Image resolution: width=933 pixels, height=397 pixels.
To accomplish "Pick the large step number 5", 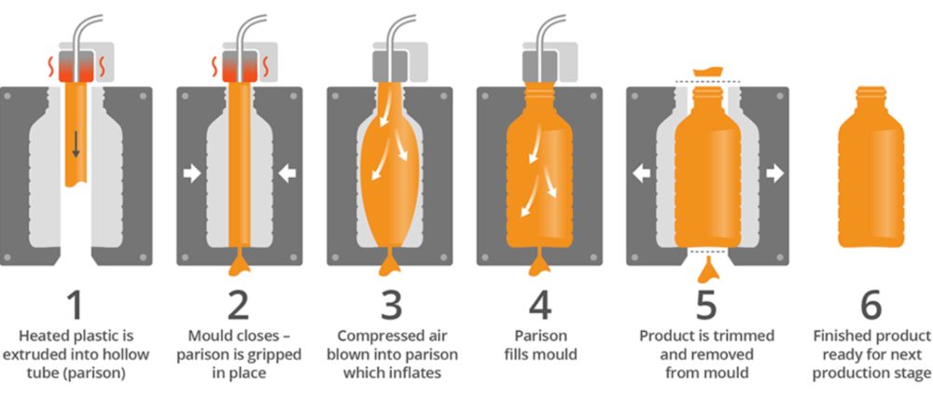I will point(706,305).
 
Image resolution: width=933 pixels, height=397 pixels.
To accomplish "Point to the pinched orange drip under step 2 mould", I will point(237,267).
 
